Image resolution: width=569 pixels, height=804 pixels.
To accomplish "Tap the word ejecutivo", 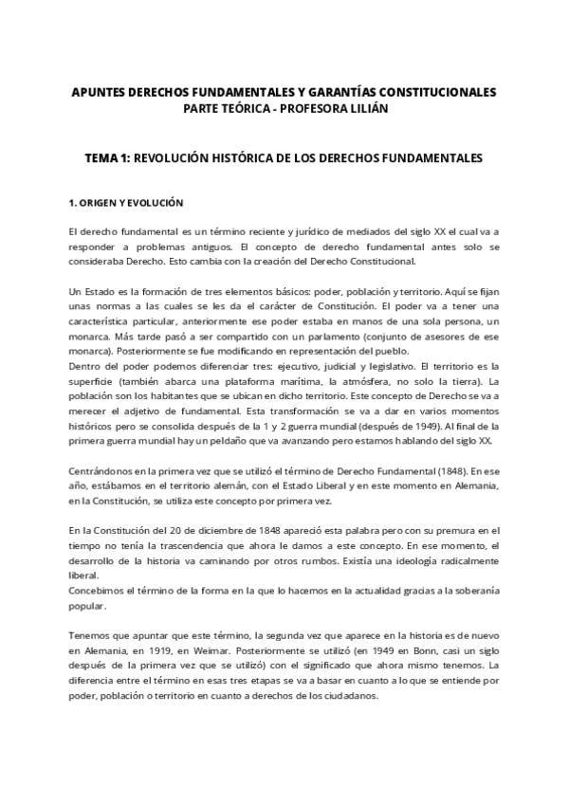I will [x=310, y=365].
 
